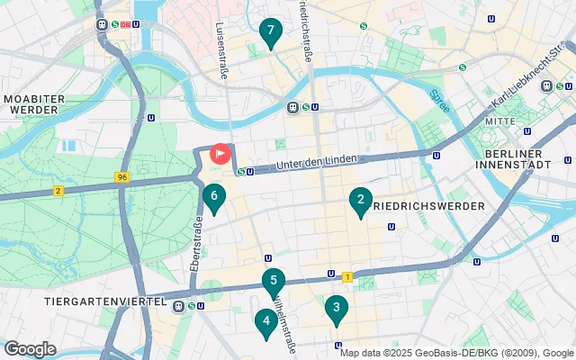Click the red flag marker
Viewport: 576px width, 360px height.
click(x=220, y=153)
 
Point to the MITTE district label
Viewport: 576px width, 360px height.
click(x=499, y=120)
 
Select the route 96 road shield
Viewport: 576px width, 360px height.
click(x=121, y=178)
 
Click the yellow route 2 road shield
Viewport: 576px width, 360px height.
click(x=58, y=190)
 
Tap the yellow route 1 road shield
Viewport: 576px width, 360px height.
click(x=346, y=276)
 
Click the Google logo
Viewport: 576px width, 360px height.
click(x=30, y=348)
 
